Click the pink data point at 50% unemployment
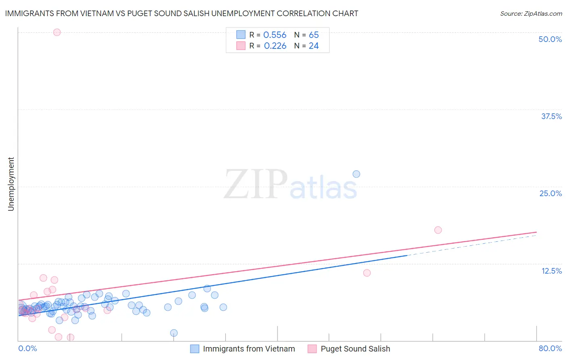coord(57,32)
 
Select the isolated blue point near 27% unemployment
coord(356,174)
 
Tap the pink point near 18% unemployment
coord(438,230)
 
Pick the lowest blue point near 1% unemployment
coord(174,333)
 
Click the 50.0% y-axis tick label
coord(550,39)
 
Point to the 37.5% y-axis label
coord(551,116)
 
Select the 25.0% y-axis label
coord(550,193)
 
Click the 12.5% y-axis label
coord(551,271)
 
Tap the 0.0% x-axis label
coord(27,348)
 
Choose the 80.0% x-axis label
coord(550,348)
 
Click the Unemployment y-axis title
coord(11,184)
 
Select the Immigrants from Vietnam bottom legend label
coord(249,349)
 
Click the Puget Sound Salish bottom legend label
coord(355,349)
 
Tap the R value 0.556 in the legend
coord(275,35)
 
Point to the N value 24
coord(314,46)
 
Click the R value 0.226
coord(275,46)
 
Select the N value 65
coord(314,35)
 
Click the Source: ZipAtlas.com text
coord(531,14)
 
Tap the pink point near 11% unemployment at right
coord(367,273)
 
